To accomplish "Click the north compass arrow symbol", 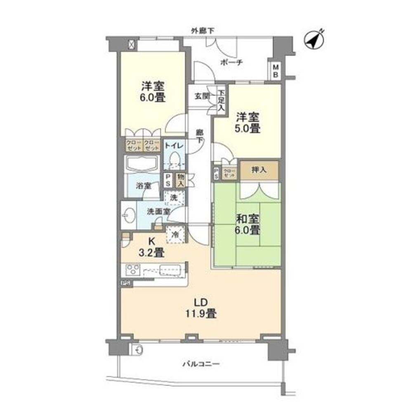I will click(x=314, y=40).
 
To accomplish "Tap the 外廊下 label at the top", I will click(x=202, y=30).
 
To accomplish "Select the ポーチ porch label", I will click(x=231, y=62).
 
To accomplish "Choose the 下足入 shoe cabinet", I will click(x=222, y=101).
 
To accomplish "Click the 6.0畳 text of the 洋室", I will click(x=153, y=99).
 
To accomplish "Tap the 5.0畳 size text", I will click(x=248, y=128).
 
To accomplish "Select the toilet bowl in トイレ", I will click(x=175, y=159).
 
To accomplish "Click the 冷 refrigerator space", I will click(x=175, y=234).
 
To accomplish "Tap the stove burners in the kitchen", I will click(x=133, y=270).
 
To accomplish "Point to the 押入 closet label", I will click(x=259, y=170).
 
